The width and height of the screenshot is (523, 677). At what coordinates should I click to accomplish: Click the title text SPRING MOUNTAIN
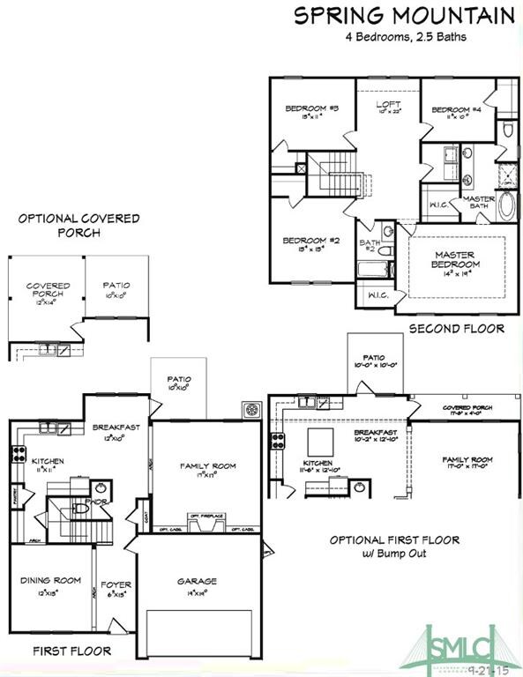404,15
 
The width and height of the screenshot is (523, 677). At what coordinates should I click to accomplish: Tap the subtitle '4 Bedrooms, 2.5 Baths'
404,37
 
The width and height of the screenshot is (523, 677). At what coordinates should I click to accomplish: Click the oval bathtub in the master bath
508,205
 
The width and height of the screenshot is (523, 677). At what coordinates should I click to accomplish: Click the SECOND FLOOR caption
456,329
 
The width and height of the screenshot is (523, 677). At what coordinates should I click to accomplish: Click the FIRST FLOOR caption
72,651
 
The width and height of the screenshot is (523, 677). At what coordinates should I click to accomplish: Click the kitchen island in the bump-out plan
319,441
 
